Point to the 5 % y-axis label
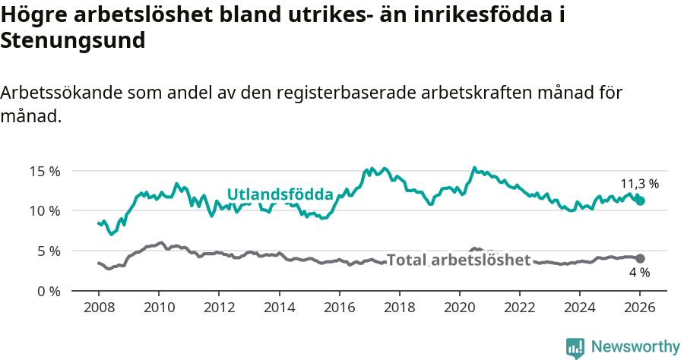coord(47,251)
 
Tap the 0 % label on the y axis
coord(47,291)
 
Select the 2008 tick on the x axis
coord(99,308)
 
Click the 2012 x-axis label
coord(219,308)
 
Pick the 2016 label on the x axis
coord(339,308)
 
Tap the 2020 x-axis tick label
coord(459,308)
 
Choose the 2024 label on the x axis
coord(579,308)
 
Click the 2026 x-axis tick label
coord(640,308)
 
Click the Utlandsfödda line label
coord(280,194)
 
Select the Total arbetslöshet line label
coord(458,260)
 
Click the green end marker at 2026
coord(640,201)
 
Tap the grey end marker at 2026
coord(640,258)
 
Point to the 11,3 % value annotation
coord(639,184)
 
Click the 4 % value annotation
coord(639,273)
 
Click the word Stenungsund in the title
coord(73,41)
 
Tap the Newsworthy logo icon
coord(575,348)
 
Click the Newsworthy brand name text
coord(635,347)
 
